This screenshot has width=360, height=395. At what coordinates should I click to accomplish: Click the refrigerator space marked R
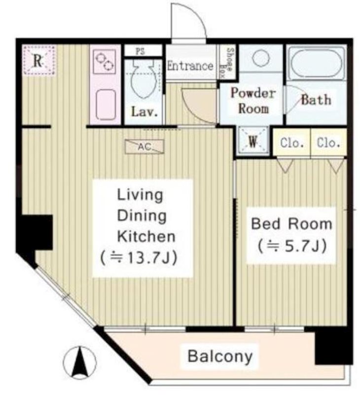[x=39, y=60]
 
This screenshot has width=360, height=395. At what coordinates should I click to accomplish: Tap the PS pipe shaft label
[x=141, y=51]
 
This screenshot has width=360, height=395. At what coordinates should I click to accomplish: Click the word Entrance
[x=190, y=66]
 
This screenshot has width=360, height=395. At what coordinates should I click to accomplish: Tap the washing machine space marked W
[x=253, y=140]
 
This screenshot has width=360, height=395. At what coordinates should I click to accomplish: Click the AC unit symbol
[x=144, y=146]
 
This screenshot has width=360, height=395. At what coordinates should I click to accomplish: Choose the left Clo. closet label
[x=292, y=143]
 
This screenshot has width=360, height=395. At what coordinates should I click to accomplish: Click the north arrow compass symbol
[x=79, y=362]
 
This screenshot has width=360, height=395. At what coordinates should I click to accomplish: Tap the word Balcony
[x=220, y=356]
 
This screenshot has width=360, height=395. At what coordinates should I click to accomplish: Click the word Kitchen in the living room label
[x=146, y=237]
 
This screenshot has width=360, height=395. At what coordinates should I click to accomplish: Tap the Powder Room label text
[x=253, y=101]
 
